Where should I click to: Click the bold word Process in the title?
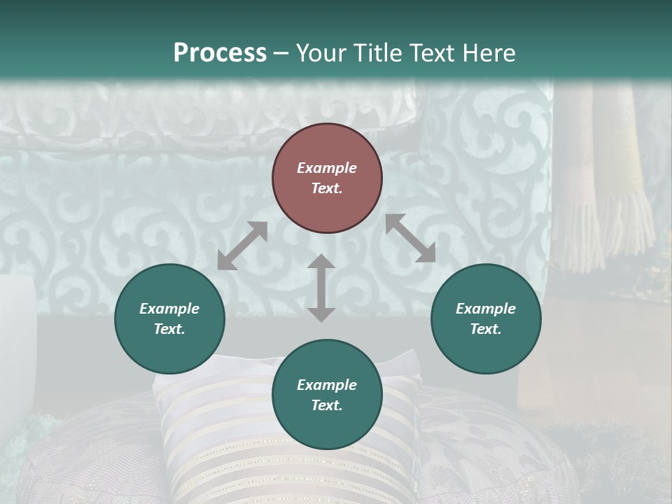(x=220, y=52)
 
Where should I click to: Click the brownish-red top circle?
(x=327, y=178)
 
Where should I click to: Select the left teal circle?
(x=169, y=318)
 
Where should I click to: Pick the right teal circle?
(x=486, y=318)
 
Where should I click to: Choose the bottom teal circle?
(x=327, y=395)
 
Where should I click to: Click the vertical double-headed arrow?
(x=321, y=288)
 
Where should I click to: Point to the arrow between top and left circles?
(x=242, y=246)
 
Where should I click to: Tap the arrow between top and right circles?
(x=410, y=238)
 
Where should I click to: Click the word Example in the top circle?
(x=327, y=168)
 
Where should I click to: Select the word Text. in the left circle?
(x=169, y=329)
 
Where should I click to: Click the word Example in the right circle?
(x=486, y=309)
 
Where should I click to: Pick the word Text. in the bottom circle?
(x=327, y=405)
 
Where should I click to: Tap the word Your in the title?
(x=319, y=52)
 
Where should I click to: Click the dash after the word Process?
(x=281, y=53)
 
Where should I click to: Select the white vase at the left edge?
(x=15, y=329)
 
